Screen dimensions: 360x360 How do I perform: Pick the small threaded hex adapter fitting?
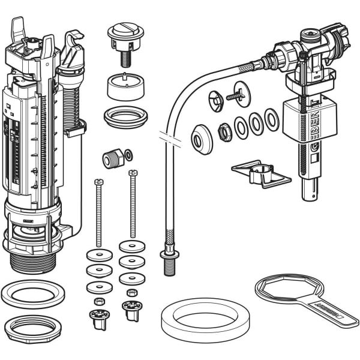click(113, 158)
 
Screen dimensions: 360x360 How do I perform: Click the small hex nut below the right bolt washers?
click(133, 293)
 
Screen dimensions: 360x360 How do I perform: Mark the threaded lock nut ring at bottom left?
click(33, 328)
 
